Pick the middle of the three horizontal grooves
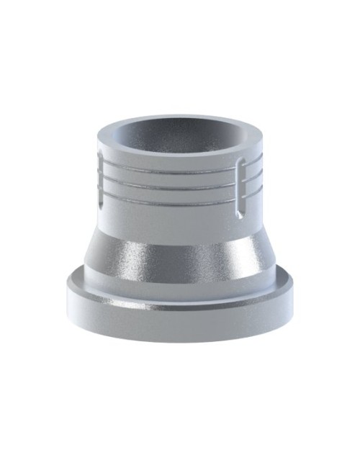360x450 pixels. [173, 183]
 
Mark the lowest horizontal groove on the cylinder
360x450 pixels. [173, 192]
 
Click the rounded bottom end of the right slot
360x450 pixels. [238, 214]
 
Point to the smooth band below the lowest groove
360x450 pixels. [173, 212]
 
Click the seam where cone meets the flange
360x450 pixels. [173, 292]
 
